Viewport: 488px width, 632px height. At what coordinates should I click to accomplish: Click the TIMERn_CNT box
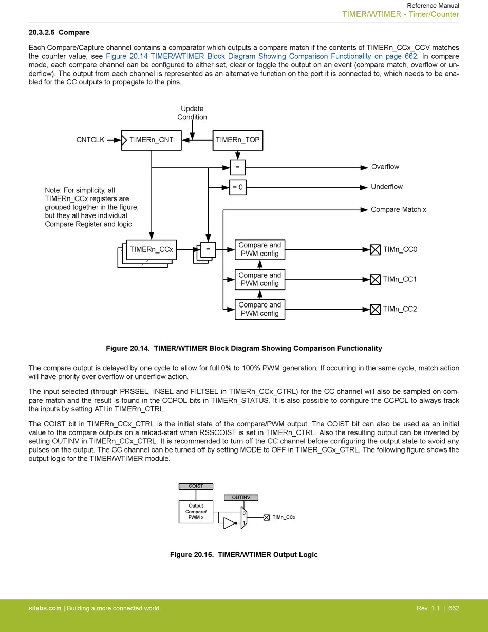[152, 140]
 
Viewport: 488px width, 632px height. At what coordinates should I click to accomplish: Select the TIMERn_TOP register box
[237, 140]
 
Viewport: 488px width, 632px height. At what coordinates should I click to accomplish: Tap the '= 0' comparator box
[237, 187]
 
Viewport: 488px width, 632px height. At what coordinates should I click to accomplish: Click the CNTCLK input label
[90, 140]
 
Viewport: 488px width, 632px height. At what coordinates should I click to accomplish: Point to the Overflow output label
[385, 167]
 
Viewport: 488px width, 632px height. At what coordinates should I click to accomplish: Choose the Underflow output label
[386, 187]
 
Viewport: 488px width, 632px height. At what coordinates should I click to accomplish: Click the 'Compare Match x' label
[398, 209]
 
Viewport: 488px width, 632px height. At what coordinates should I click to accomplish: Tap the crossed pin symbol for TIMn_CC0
[375, 250]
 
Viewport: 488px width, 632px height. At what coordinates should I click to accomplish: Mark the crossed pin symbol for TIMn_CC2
[375, 309]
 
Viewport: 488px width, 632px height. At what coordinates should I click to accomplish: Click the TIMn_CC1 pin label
[400, 279]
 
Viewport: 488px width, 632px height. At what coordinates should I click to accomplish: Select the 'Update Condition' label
[192, 113]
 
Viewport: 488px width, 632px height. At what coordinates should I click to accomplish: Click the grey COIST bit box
[196, 486]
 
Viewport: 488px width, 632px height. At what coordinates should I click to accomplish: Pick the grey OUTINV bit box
[241, 497]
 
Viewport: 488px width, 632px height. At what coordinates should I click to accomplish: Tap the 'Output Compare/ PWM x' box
[196, 512]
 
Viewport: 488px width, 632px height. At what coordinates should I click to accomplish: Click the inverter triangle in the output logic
[230, 523]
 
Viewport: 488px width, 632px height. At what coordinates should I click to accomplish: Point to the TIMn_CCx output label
[284, 517]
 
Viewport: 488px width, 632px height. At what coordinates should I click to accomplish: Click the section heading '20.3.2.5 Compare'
[59, 32]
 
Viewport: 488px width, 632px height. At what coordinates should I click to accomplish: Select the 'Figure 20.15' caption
[243, 555]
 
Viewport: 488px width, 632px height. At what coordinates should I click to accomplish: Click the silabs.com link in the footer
[45, 608]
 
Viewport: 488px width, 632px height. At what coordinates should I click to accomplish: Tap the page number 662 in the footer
[454, 608]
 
